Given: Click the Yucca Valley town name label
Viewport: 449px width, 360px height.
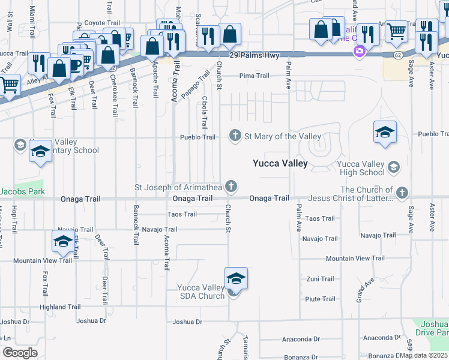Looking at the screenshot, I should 280,163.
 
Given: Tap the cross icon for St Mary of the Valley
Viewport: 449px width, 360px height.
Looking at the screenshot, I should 236,136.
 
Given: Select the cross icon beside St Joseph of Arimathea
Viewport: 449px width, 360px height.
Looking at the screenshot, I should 230,187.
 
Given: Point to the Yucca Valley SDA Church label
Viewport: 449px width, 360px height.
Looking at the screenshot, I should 200,292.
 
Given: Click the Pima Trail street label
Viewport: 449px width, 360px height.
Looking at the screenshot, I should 255,76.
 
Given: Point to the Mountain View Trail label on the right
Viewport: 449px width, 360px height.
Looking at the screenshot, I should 355,259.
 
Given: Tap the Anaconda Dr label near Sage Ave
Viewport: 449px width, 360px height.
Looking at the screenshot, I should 382,338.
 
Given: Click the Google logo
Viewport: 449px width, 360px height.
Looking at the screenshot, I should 19,353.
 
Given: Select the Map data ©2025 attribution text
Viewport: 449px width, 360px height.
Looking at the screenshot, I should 424,355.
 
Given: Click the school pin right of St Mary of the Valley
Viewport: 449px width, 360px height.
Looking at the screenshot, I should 385,132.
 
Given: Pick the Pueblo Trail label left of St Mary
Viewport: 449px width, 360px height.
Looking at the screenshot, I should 197,137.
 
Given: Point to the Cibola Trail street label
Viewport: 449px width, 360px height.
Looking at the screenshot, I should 205,112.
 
